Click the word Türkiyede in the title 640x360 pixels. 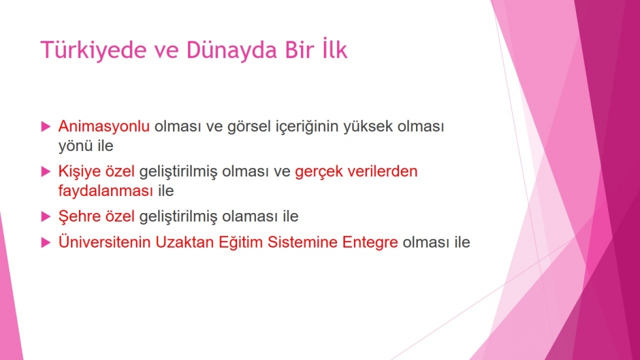point(93,50)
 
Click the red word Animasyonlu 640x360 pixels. point(104,127)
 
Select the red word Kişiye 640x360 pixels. point(80,171)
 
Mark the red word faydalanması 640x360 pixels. point(106,191)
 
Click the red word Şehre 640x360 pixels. point(80,216)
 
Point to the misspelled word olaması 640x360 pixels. point(250,216)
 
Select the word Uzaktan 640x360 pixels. point(184,242)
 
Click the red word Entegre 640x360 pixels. point(370,242)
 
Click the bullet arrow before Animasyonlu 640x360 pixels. point(46,127)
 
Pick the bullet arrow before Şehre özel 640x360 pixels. point(46,216)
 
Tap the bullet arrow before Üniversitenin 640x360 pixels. point(46,242)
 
